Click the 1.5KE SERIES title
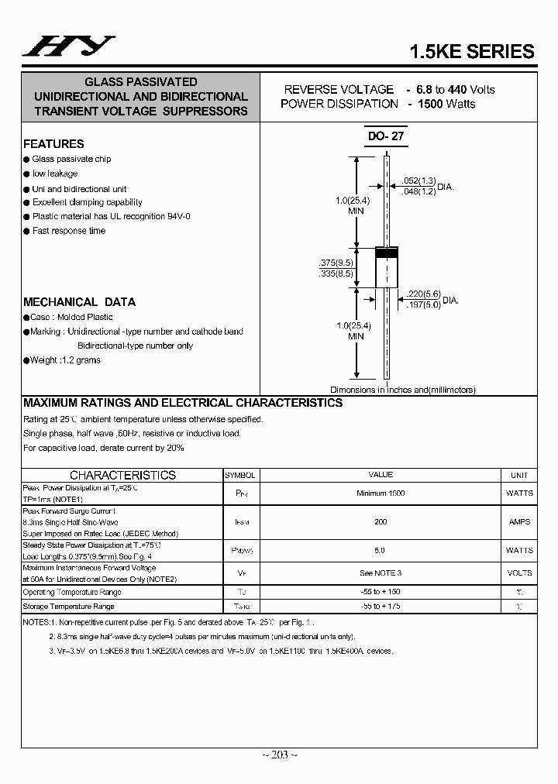coord(471,51)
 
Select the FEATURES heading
coord(53,144)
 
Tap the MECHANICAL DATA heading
coord(79,302)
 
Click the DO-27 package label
coord(386,136)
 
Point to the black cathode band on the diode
coord(386,252)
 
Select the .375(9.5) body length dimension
coord(336,262)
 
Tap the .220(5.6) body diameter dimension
coord(422,294)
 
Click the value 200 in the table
coord(381,522)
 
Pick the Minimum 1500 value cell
coord(381,493)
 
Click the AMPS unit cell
coord(519,522)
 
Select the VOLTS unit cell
coord(519,573)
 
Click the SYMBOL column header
coord(240,475)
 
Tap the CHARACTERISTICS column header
coord(122,475)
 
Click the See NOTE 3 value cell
coord(381,573)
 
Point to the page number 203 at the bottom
coord(278,755)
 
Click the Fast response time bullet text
coord(69,231)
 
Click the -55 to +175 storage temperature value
coord(381,607)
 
